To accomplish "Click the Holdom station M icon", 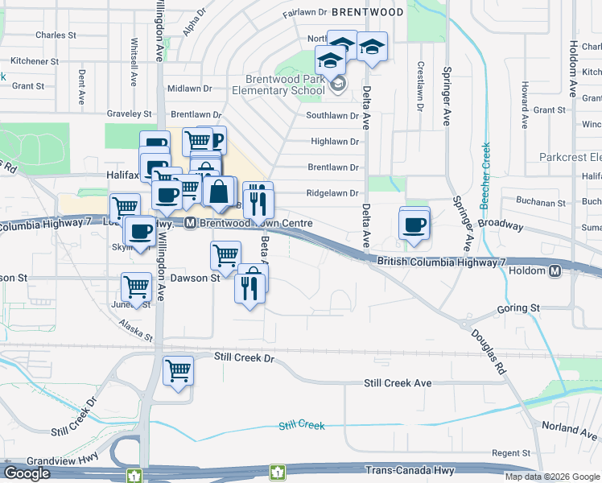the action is tap(555, 272).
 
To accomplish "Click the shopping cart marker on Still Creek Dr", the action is tap(178, 371).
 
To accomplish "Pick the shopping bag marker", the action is tap(218, 192).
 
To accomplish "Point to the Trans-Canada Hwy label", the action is tap(409, 470).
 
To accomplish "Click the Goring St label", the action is tap(518, 308).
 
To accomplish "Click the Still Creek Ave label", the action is tap(398, 384).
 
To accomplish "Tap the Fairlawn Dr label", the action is tap(305, 12).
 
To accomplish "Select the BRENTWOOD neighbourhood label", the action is tap(367, 12).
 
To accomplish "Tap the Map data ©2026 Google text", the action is tap(552, 477).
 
